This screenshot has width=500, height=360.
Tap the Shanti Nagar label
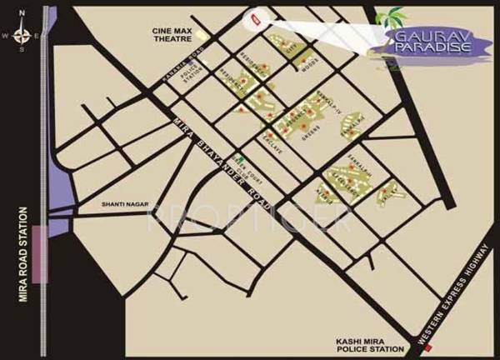tap(122, 202)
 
